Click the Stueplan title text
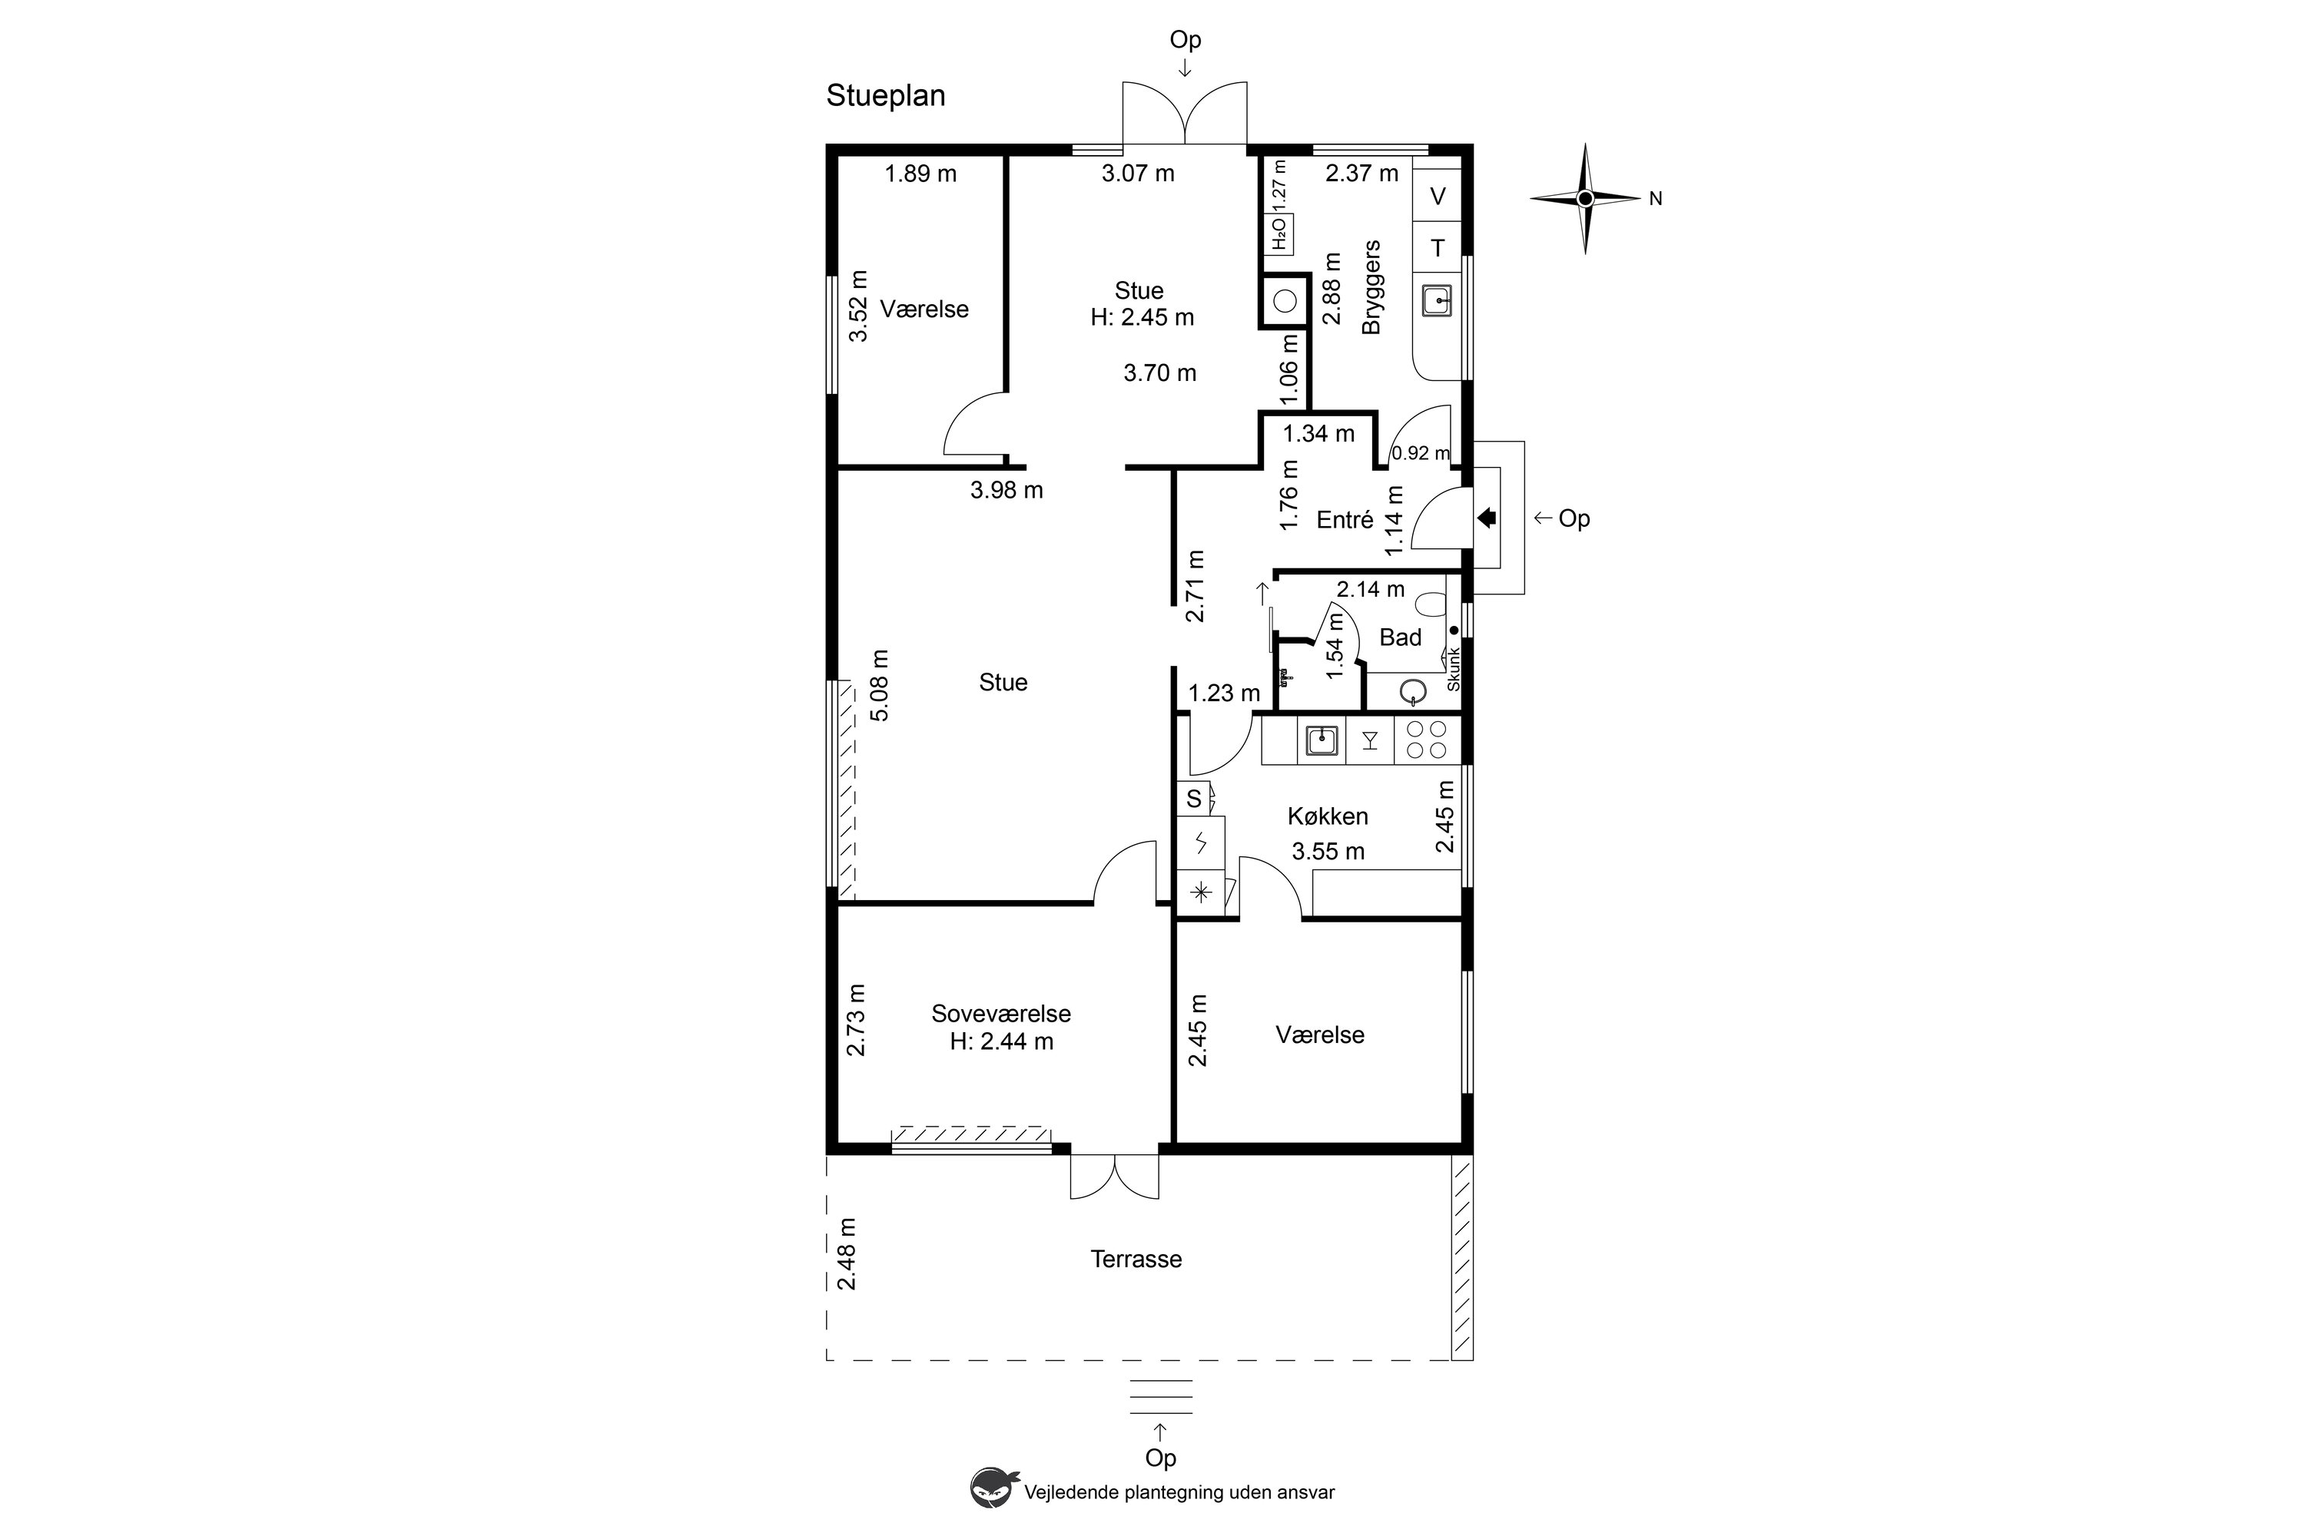pos(885,97)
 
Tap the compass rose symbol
pos(1584,199)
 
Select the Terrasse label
pos(1136,1259)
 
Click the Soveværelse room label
pos(1000,1014)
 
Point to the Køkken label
pos(1328,816)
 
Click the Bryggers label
pos(1371,287)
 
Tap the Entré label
pos(1345,520)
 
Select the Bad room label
pos(1401,637)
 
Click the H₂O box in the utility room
pos(1280,234)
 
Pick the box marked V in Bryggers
pos(1438,197)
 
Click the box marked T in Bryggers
pos(1438,248)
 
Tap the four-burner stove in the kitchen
pos(1426,740)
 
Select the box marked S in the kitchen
pos(1194,799)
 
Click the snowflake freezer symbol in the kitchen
pos(1200,892)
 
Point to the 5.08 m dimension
pos(880,686)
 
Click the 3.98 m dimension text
pos(1007,490)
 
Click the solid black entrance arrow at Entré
pos(1487,517)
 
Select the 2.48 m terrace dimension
pos(847,1254)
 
